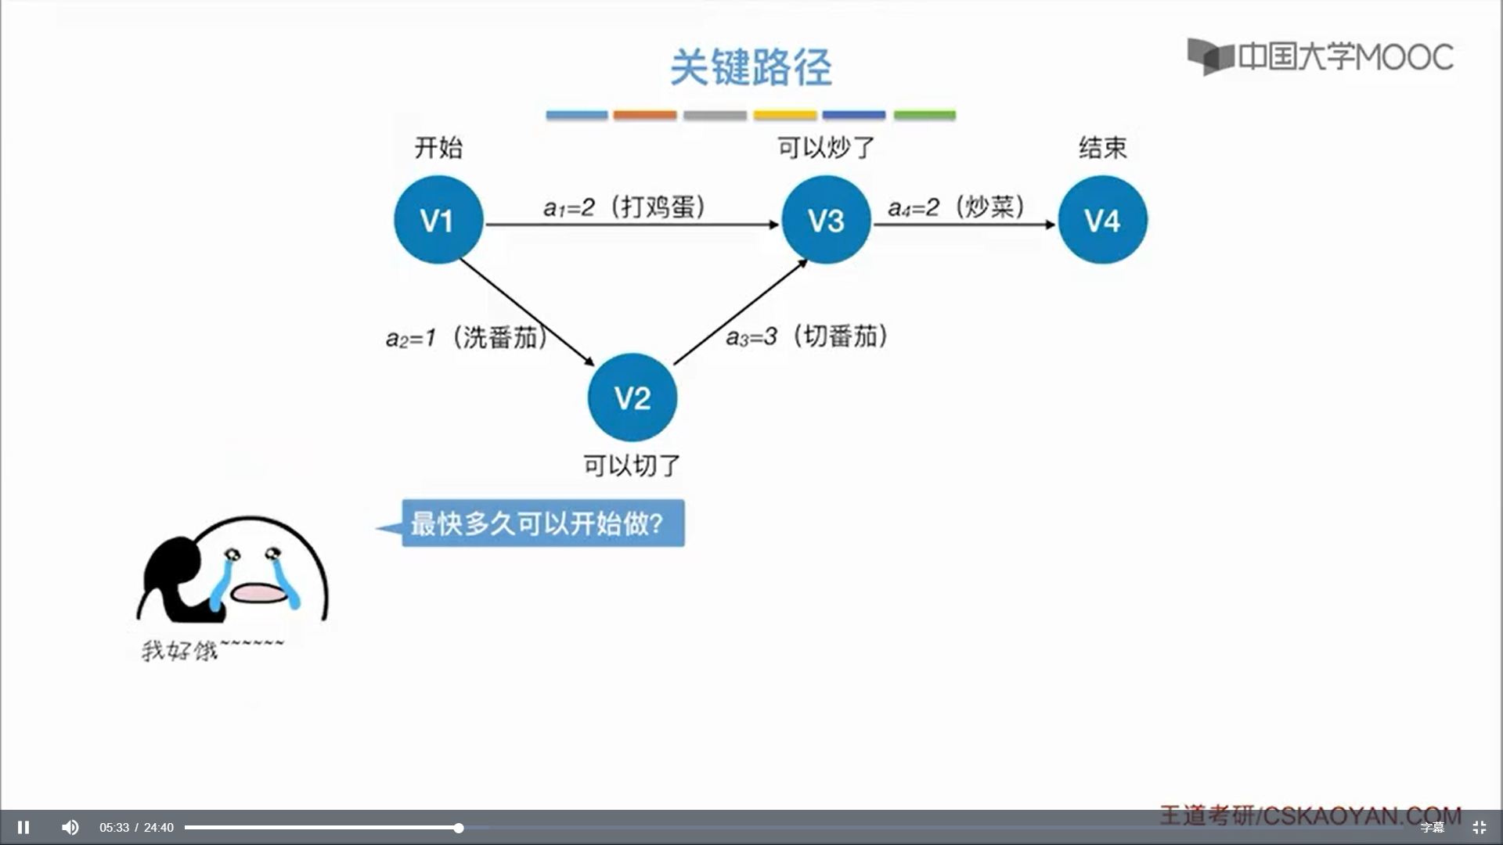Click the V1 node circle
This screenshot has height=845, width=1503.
tap(438, 220)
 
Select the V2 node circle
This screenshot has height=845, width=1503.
tap(633, 397)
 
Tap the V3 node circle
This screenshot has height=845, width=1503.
tap(826, 220)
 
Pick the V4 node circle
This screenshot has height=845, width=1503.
tap(1102, 220)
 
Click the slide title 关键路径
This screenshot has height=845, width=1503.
tap(751, 67)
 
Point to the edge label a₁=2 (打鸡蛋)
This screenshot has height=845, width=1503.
tap(625, 207)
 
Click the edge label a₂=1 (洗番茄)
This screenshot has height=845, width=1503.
tap(467, 337)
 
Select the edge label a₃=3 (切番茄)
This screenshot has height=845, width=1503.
tap(807, 336)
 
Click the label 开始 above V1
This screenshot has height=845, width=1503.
tap(438, 147)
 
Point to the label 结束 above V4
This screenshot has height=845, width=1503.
tap(1102, 147)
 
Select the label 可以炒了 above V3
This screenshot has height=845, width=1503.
tap(826, 147)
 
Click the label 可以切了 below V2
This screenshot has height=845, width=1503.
tap(632, 466)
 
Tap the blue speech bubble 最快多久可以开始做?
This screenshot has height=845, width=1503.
tap(542, 523)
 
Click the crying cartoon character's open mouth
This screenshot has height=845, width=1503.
tap(259, 593)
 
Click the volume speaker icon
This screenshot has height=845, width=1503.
tap(70, 827)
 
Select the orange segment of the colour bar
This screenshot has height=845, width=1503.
tap(644, 115)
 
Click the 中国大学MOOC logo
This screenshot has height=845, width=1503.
tap(1320, 56)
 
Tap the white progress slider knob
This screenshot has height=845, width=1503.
tap(459, 828)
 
